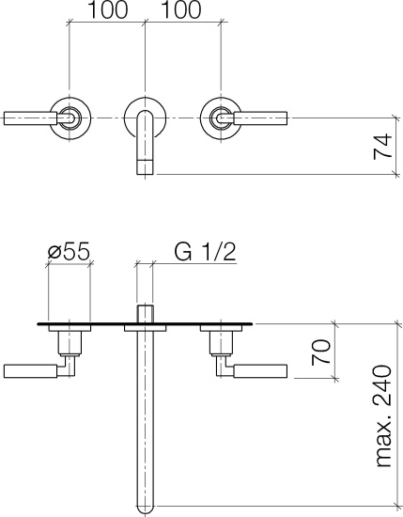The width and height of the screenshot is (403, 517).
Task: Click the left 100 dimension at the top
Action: coord(107,10)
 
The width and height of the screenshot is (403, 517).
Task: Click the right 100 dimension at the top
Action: coord(182,10)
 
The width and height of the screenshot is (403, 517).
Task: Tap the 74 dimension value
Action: coord(382,147)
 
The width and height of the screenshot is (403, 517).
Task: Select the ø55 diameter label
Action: coord(69,252)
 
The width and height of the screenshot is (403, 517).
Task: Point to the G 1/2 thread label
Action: coord(205,252)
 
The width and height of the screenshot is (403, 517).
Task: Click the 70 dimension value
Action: coord(320,352)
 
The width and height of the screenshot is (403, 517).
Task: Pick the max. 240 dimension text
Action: coord(382,415)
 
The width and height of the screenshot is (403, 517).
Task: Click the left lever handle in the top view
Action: coord(31,118)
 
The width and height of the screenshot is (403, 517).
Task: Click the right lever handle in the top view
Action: coord(260,118)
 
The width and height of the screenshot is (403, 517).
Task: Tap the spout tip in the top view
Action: coord(145,166)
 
